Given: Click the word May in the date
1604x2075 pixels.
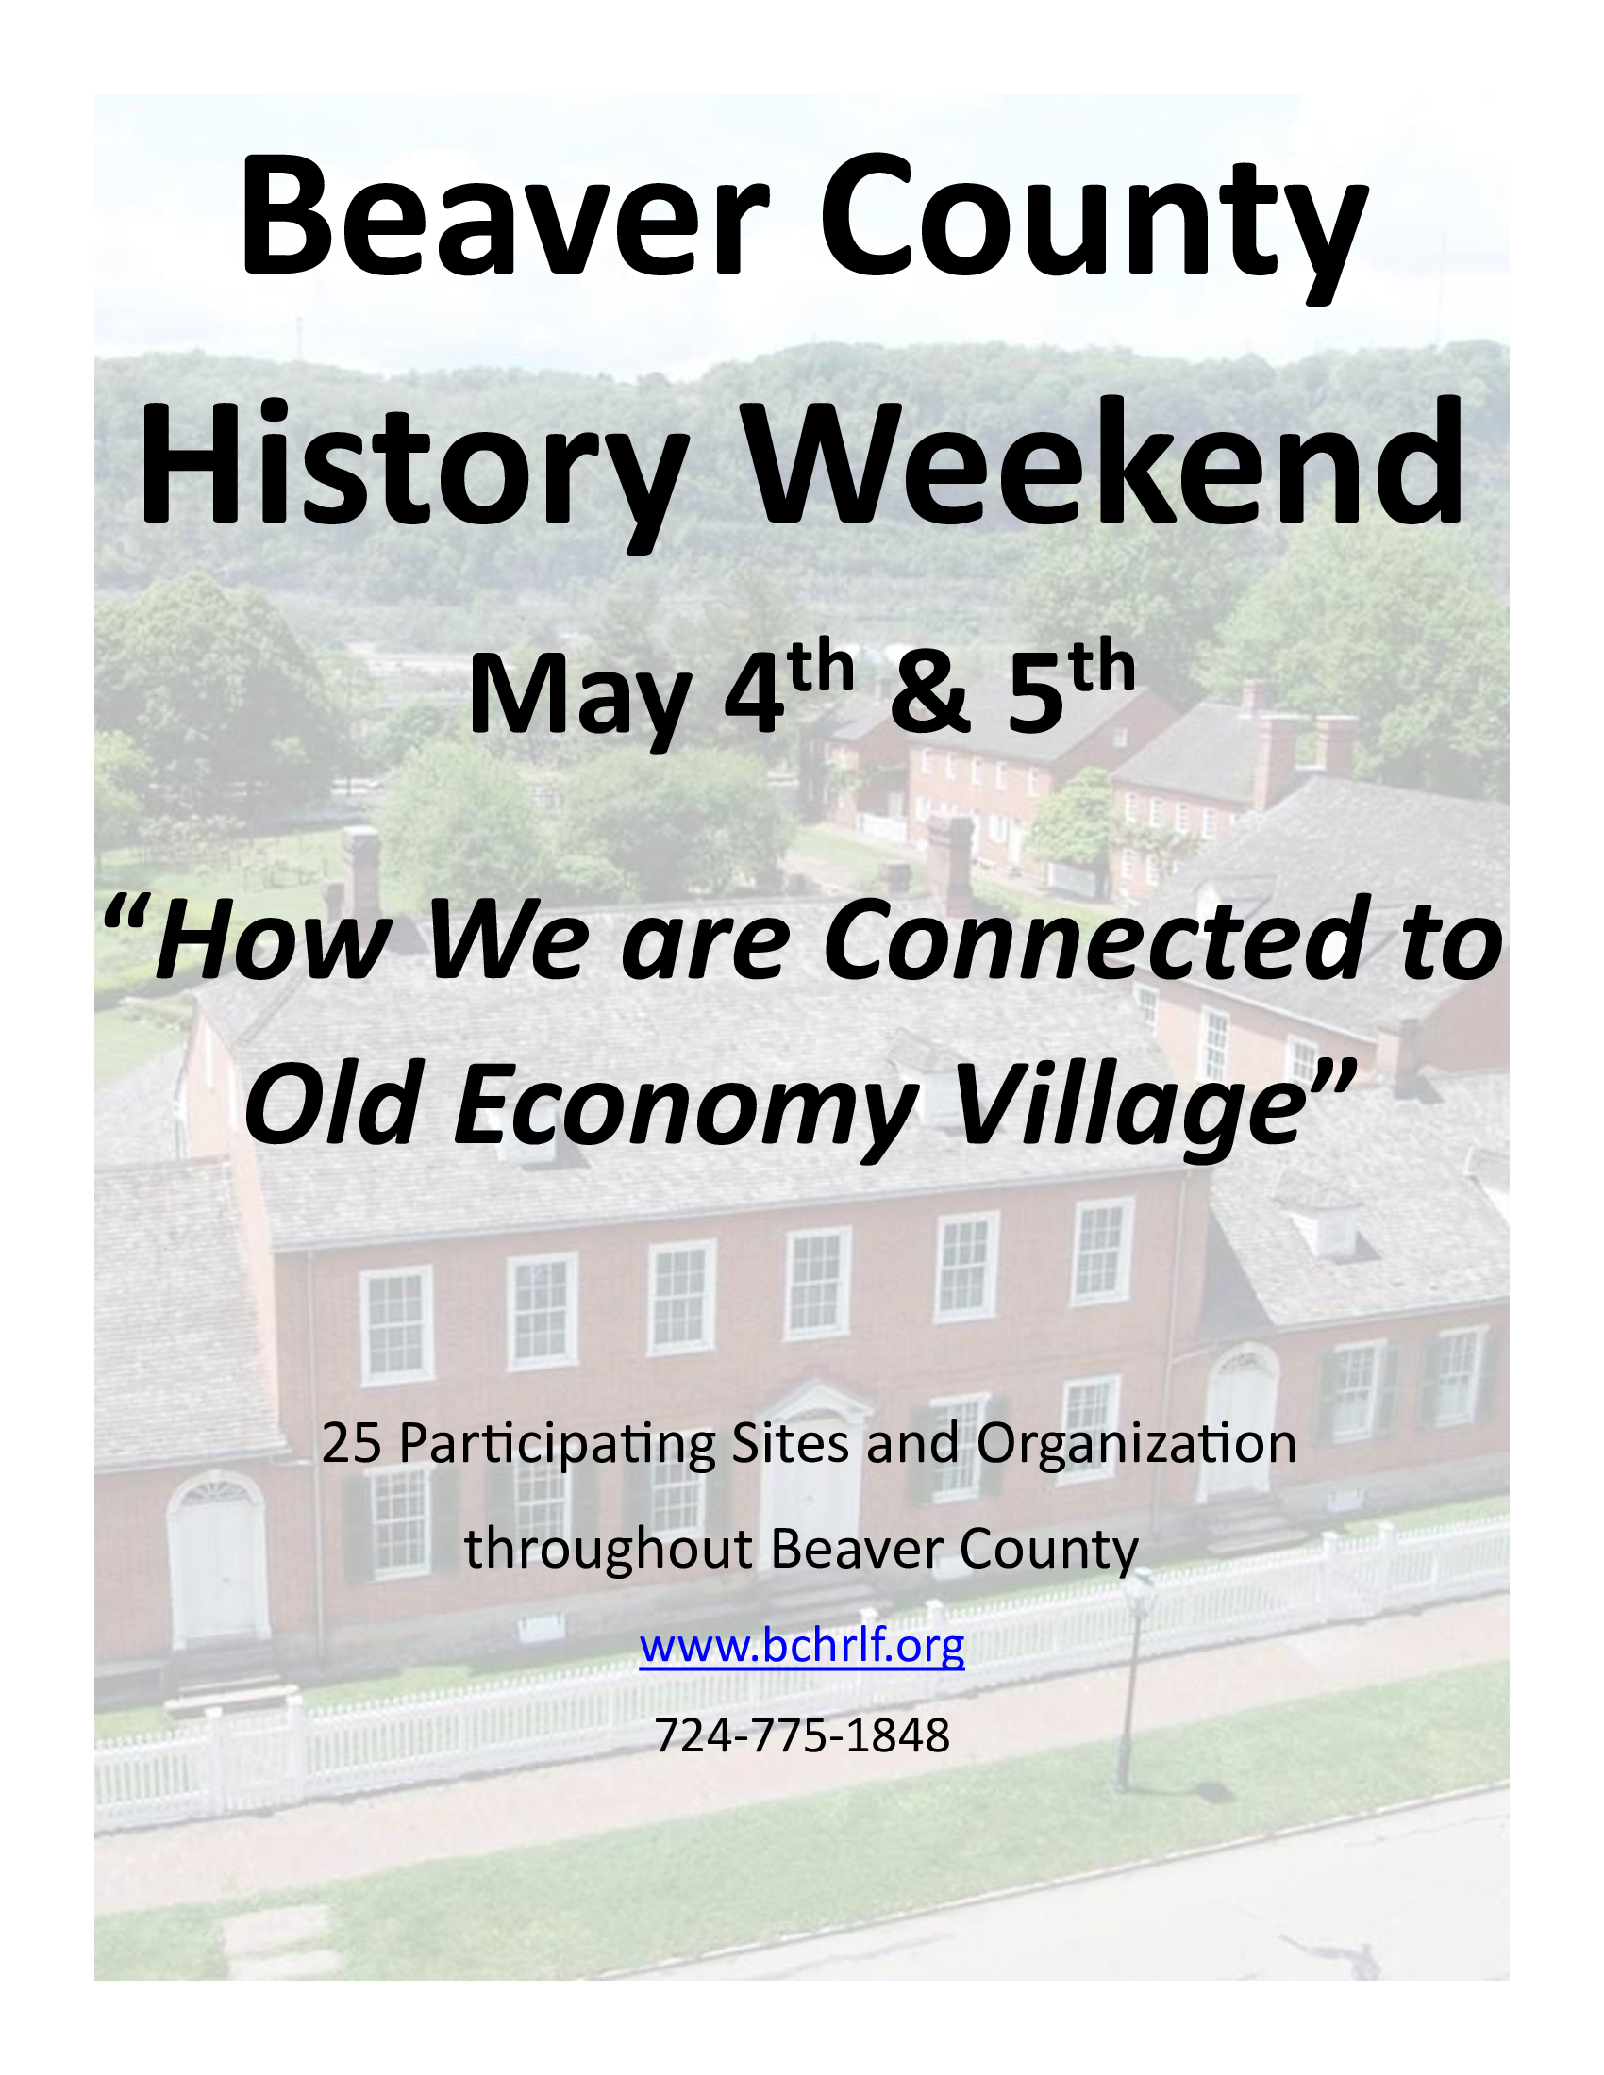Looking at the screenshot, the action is [578, 696].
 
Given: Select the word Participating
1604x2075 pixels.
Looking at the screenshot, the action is [557, 1445].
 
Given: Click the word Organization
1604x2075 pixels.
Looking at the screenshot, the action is [1137, 1445].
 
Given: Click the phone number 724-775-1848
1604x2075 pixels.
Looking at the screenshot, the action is [802, 1735].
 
